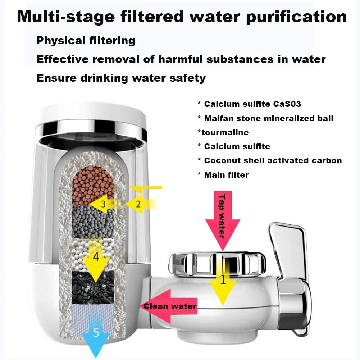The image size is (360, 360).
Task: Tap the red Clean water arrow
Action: [x=168, y=306]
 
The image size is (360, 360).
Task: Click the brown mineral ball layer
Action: [x=93, y=185]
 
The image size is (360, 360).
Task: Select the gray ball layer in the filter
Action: [x=93, y=222]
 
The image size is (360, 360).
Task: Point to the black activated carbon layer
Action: [x=93, y=288]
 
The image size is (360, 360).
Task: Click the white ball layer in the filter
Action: [x=93, y=255]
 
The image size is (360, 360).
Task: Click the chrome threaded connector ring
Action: [x=217, y=264]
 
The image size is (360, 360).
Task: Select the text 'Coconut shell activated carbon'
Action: [x=273, y=160]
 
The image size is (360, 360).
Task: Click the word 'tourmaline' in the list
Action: [x=225, y=132]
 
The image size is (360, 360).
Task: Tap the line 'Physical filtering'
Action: [x=86, y=41]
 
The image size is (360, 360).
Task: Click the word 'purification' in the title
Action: [x=296, y=17]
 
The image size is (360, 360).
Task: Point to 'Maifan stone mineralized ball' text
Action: [x=269, y=118]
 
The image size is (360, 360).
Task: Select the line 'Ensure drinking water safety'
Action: [x=121, y=78]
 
